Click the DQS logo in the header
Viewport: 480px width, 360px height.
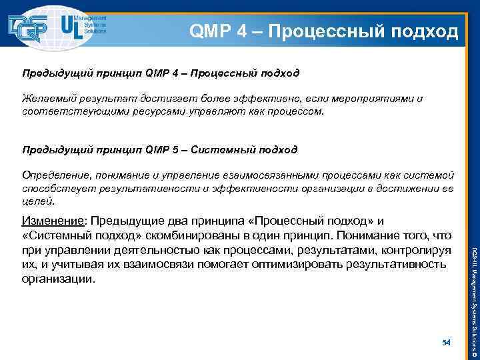tap(29, 27)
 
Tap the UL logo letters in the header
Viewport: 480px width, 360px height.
tap(73, 26)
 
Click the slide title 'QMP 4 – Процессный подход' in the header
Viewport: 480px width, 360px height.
tap(324, 31)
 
